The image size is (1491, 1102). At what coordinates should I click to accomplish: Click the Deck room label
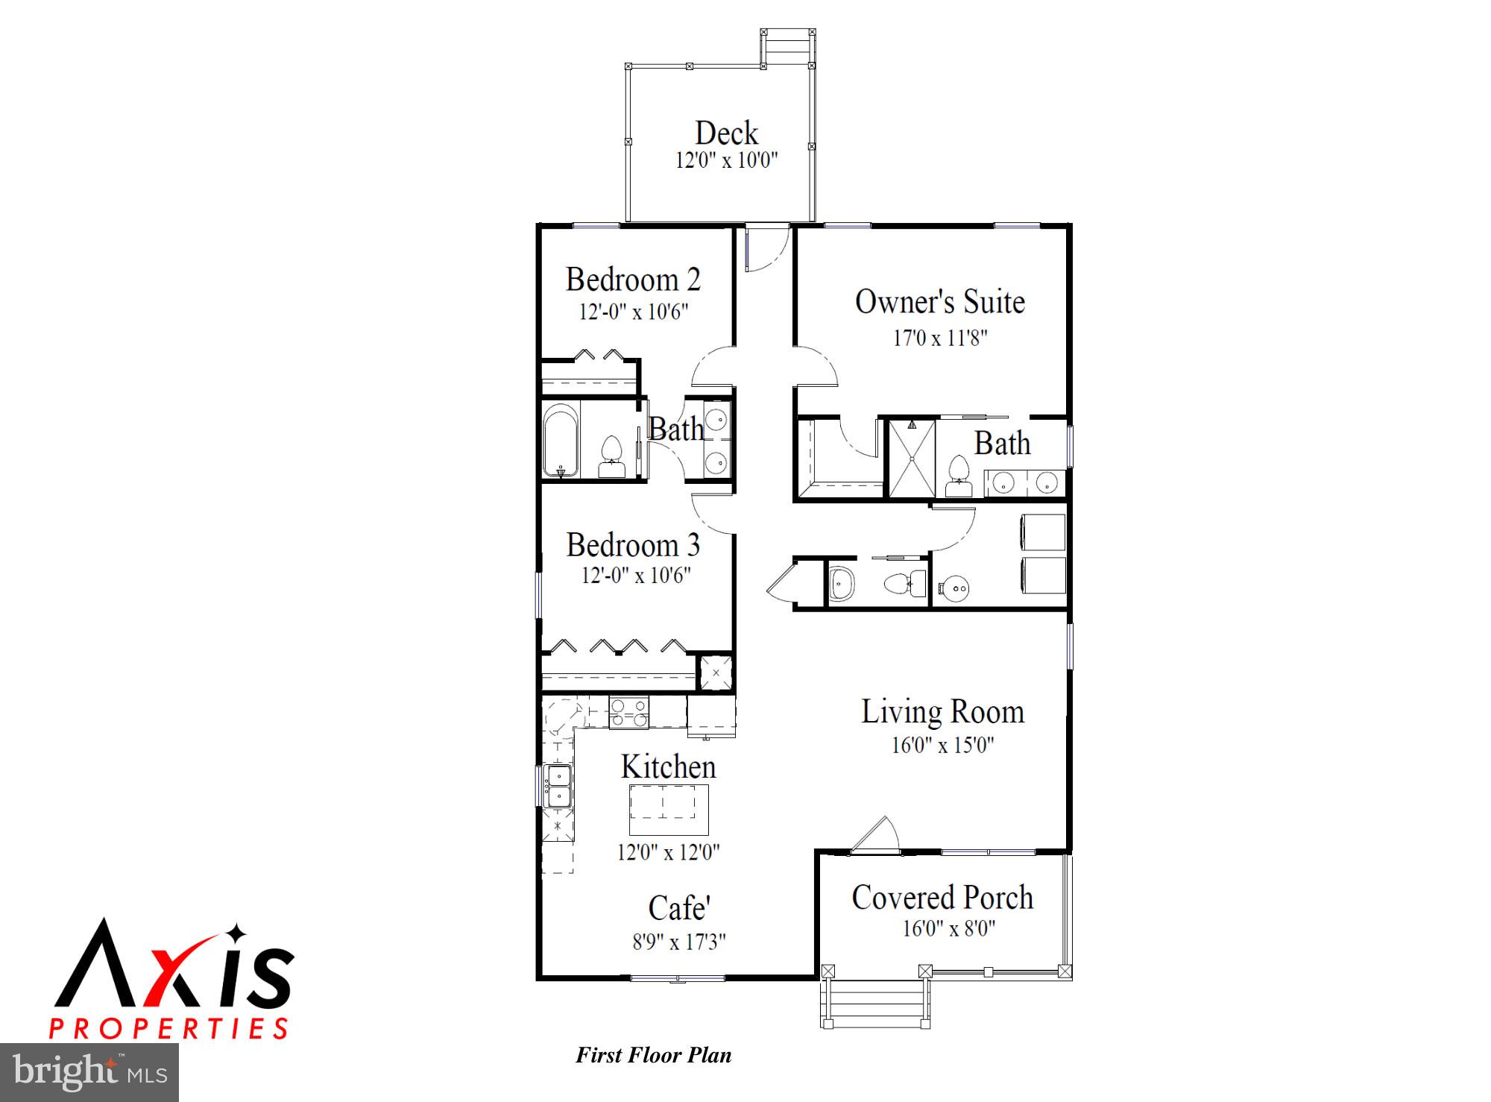726,133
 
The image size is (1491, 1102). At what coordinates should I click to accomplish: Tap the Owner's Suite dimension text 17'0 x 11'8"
940,339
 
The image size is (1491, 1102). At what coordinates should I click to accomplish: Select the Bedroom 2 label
633,280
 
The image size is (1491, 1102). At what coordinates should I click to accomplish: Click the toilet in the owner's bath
958,476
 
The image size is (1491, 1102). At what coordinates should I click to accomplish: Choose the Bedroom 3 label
633,545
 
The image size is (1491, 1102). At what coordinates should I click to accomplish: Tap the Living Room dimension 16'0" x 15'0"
942,745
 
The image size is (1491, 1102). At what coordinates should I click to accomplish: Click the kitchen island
669,809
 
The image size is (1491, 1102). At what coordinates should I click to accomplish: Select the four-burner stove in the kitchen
628,711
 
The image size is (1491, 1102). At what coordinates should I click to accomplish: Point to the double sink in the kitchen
558,785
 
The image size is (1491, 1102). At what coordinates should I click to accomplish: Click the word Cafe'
679,908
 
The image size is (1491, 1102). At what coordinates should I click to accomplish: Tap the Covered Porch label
942,898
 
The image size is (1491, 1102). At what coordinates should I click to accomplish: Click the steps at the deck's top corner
788,47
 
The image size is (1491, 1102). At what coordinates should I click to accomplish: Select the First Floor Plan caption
653,1055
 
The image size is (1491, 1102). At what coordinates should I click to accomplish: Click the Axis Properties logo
171,979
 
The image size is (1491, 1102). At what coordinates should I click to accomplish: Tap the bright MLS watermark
89,1073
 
